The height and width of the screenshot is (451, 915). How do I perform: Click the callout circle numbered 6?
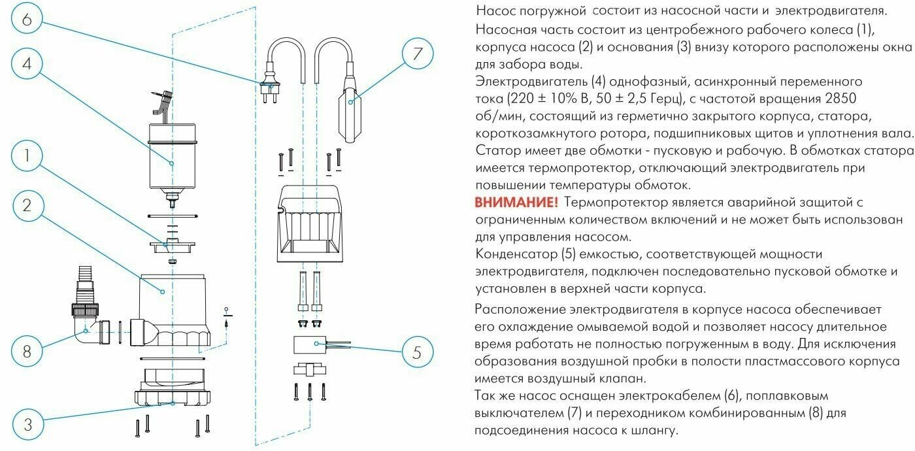tap(27, 19)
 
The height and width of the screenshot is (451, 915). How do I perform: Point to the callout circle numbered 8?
tap(27, 352)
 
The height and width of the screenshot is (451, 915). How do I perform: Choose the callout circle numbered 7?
tap(417, 55)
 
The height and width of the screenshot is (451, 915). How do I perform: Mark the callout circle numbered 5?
tap(417, 353)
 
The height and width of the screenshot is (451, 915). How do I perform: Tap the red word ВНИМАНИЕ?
tap(516, 203)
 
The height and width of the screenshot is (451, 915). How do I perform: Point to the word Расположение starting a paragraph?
tap(520, 309)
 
